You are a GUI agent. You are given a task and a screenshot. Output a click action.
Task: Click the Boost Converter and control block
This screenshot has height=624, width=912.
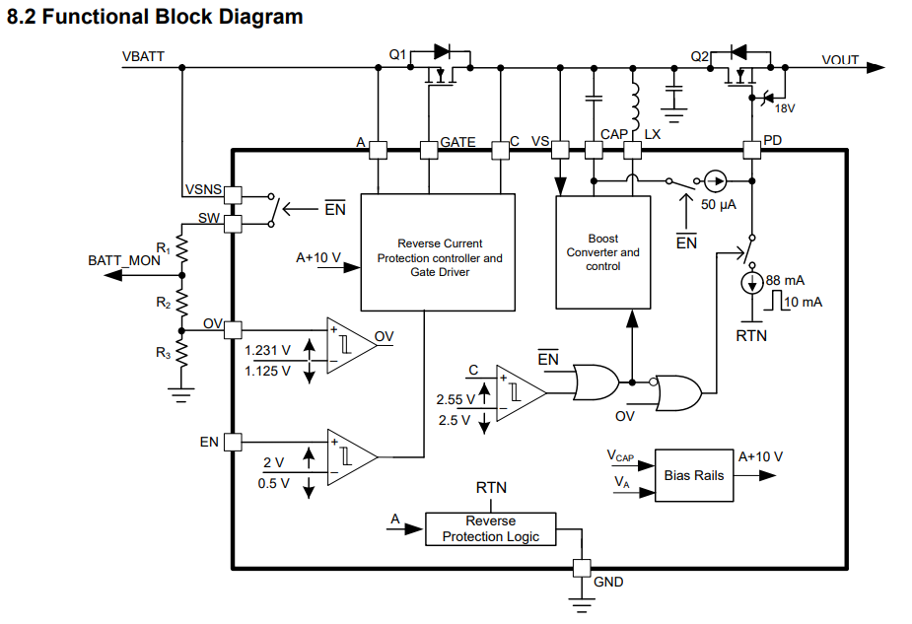pos(602,252)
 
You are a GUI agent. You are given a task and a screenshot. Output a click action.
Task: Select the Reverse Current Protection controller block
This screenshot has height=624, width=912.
pos(439,251)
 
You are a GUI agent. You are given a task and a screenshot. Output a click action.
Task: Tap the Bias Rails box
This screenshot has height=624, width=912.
pos(694,475)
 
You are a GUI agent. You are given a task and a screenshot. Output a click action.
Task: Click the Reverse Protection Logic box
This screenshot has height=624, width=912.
pos(491,528)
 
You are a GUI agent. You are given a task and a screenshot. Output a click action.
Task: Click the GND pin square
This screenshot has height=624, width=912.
pos(581,568)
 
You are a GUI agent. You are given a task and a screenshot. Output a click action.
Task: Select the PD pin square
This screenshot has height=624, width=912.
pos(751,150)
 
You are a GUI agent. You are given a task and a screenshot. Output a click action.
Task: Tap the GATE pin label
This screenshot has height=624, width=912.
pos(457,142)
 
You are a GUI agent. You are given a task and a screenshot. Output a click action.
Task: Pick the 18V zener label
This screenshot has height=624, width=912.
pos(785,108)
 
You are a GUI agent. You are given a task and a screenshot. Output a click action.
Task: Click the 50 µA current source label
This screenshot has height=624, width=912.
pos(720,204)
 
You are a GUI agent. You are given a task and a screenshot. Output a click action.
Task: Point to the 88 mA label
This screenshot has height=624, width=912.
pos(785,281)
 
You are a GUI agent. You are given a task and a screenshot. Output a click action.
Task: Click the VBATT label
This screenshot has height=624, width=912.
pos(144,56)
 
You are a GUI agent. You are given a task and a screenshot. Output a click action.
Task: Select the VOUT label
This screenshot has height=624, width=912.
pos(840,61)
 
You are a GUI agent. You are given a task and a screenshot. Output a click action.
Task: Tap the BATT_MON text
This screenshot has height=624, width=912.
pos(124,260)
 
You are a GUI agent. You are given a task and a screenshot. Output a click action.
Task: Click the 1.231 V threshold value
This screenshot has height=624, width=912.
pos(267,349)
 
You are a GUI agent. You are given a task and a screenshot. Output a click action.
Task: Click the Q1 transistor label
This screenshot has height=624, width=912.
pos(397,56)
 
